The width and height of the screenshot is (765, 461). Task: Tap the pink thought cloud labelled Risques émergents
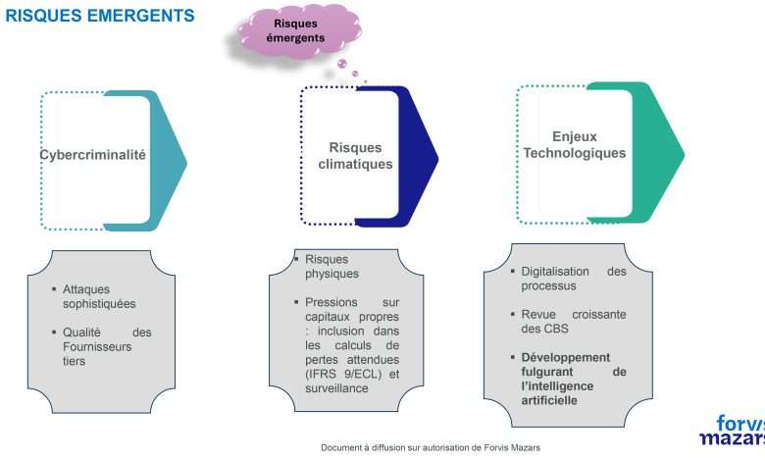(295, 31)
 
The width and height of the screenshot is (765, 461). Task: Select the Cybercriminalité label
(93, 155)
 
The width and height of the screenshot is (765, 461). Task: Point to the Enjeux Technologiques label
(574, 145)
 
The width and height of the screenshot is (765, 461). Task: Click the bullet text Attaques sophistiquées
(99, 297)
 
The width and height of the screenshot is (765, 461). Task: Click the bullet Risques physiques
(331, 266)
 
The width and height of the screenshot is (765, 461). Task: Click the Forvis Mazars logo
(733, 429)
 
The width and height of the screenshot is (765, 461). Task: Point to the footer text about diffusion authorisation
(430, 447)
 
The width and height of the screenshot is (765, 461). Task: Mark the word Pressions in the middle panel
(331, 302)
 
